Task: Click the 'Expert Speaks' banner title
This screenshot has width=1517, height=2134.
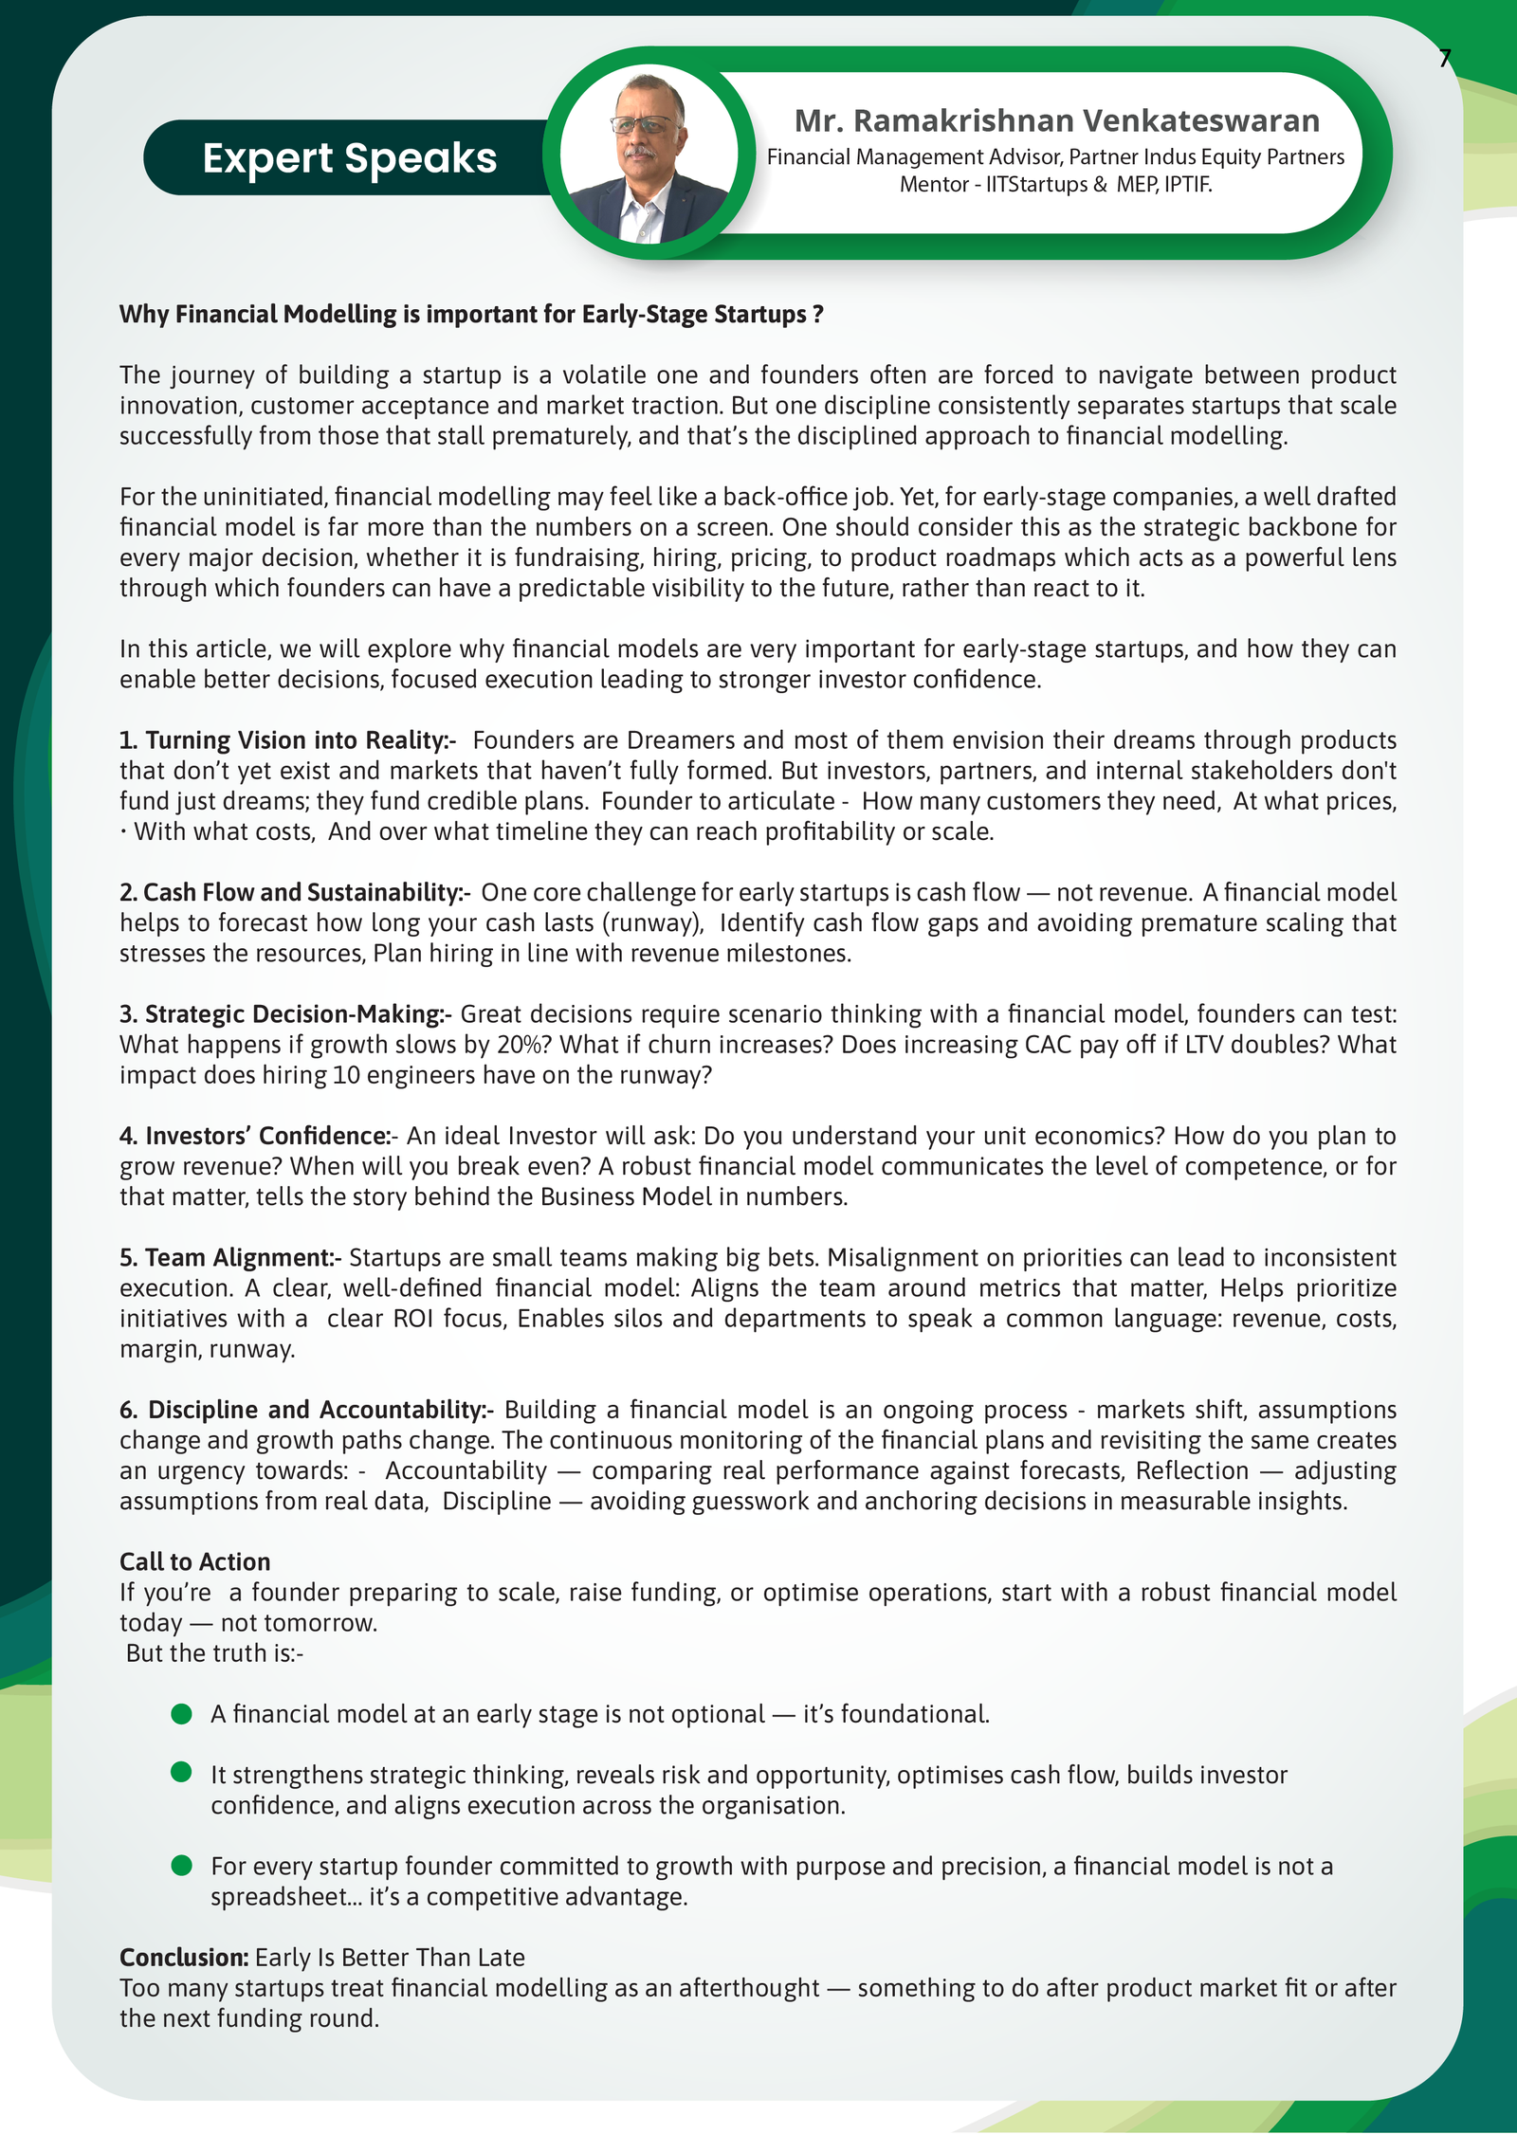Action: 349,158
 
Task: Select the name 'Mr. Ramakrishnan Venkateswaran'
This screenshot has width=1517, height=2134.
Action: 1056,121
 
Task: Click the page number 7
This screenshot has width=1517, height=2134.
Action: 1444,60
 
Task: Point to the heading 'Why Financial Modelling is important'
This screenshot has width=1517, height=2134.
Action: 470,315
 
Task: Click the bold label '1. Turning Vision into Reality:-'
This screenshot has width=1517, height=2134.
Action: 287,740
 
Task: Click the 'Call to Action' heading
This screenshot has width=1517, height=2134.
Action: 194,1562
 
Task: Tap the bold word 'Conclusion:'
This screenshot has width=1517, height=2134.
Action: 184,1958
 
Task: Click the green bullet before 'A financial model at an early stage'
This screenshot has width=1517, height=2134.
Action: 181,1714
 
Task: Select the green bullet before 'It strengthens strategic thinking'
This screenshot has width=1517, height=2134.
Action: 181,1773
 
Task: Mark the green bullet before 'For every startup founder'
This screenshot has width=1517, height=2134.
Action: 181,1866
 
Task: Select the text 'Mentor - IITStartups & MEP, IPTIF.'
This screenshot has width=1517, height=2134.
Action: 1055,185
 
